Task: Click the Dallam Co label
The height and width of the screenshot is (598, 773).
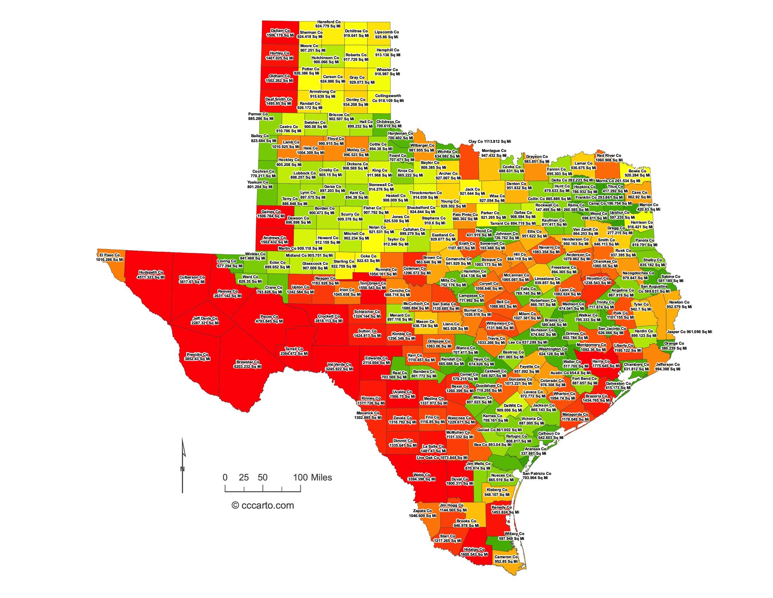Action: coord(280,33)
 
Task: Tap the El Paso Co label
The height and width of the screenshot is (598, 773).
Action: coord(109,257)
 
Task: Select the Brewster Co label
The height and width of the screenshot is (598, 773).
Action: coord(248,364)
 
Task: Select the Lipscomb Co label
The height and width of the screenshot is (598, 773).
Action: coord(386,34)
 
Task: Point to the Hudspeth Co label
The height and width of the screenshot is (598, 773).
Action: coord(151,275)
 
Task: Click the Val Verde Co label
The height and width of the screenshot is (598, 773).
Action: coord(339,366)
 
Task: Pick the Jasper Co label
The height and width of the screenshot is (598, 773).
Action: coord(689,332)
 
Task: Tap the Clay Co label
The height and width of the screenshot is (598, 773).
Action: coord(489,141)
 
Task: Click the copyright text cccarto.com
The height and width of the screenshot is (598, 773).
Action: coord(262,505)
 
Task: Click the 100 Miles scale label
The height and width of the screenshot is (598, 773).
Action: coord(312,478)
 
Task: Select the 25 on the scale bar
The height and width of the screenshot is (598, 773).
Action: coord(243,478)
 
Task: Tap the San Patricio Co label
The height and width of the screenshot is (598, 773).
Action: coord(536,476)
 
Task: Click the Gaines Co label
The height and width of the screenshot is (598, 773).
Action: coord(271,214)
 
